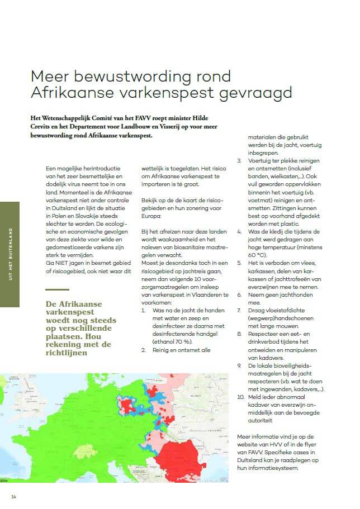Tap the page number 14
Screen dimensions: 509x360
(13, 497)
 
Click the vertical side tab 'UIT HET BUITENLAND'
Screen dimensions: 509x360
(10, 254)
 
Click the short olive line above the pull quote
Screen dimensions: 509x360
(58, 289)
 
